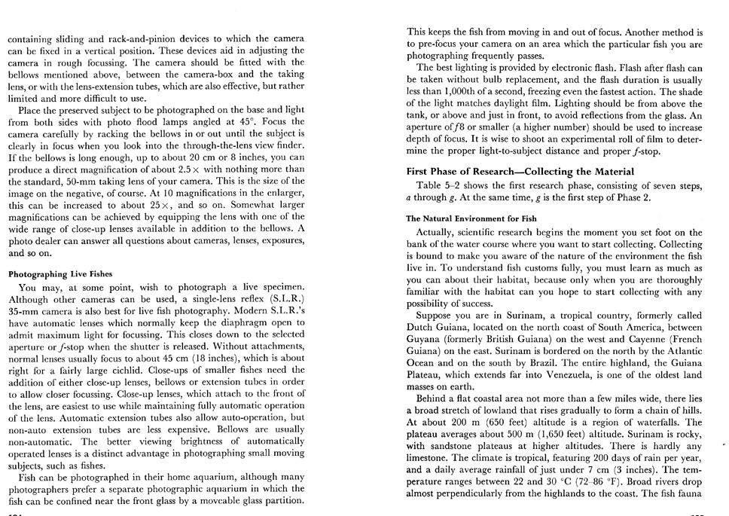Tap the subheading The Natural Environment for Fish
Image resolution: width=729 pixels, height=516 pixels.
pos(472,218)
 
